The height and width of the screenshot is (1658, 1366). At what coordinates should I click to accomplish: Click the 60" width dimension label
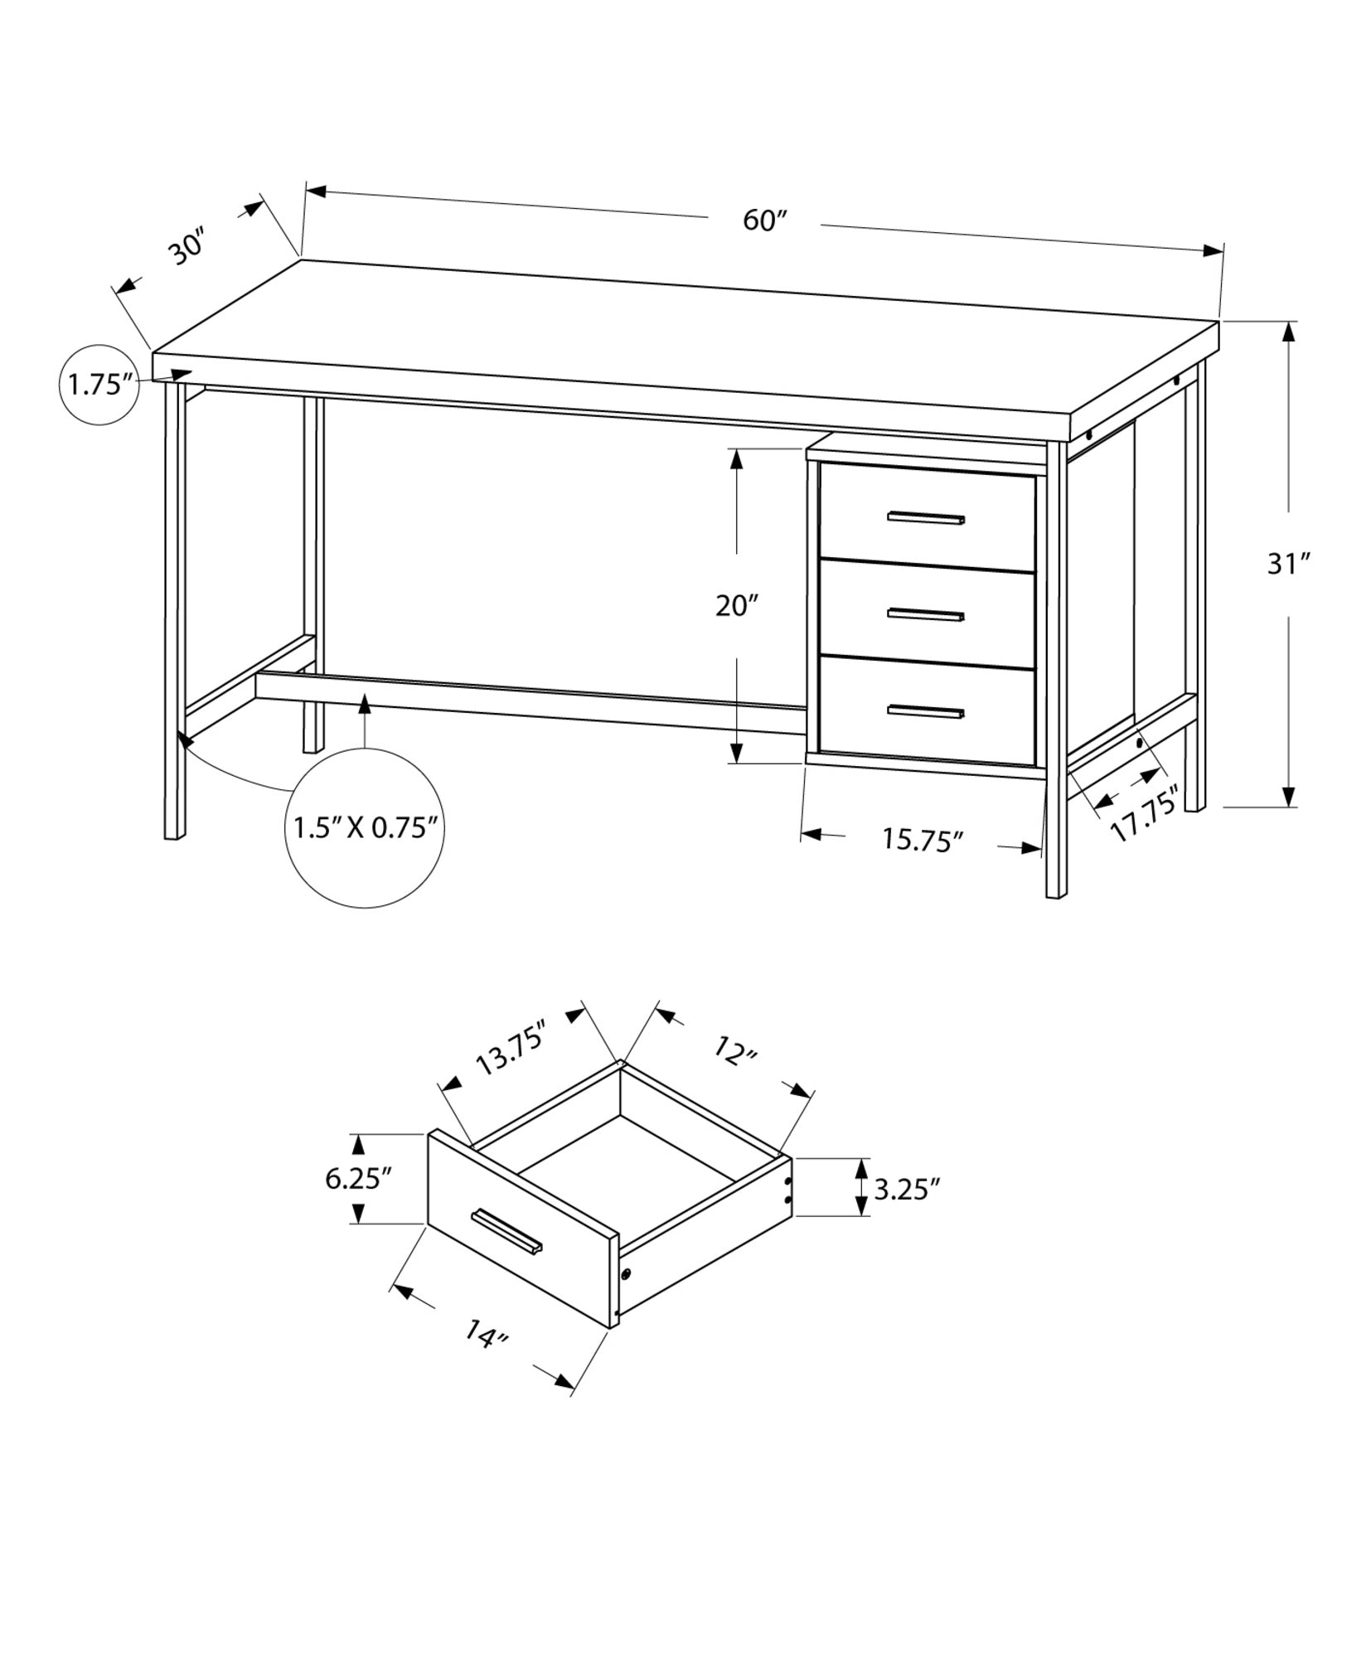pos(763,221)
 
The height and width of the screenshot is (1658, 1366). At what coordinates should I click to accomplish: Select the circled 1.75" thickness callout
pos(100,385)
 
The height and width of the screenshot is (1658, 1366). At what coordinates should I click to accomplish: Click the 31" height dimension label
pos(1287,565)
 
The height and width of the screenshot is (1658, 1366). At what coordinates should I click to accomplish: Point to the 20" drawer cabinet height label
pos(737,606)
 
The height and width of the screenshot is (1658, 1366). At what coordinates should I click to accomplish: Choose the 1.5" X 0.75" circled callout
pos(365,827)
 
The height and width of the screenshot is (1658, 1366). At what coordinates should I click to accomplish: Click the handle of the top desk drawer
pos(926,519)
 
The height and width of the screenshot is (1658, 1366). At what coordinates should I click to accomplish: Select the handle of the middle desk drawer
pos(926,614)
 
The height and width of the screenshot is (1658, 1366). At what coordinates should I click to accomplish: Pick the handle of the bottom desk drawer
pos(926,711)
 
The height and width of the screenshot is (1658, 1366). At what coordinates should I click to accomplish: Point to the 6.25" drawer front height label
pos(358,1178)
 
